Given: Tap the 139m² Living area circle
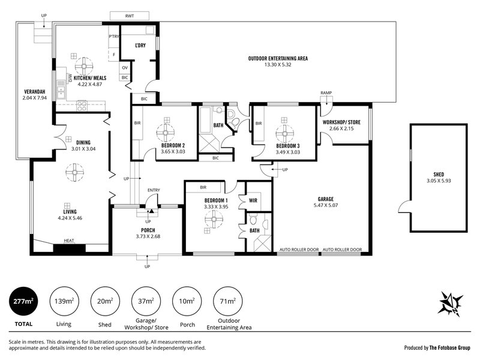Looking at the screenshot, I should [x=64, y=302].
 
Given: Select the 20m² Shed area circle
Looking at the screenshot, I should [x=104, y=302].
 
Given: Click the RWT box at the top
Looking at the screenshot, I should [x=130, y=16].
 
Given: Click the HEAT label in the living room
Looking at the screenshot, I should [x=70, y=242].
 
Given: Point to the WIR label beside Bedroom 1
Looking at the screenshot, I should [x=253, y=200].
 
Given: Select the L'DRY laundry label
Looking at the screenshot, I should [x=141, y=46].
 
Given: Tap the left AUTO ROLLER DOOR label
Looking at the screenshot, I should [x=298, y=249].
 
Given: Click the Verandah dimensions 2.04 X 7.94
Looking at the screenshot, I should [x=34, y=97].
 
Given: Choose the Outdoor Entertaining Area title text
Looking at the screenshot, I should [x=278, y=58].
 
